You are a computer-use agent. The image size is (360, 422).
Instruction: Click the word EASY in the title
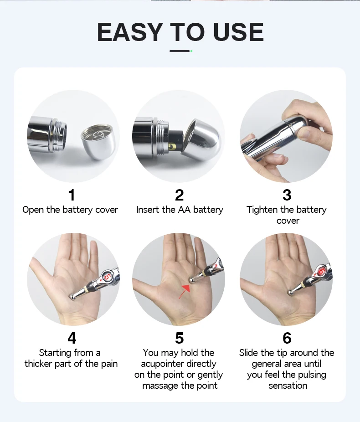[x=129, y=32]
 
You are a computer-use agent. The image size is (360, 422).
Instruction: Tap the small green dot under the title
[x=191, y=51]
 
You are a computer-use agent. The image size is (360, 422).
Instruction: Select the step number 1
[x=72, y=195]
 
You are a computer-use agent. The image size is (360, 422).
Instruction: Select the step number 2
[x=180, y=195]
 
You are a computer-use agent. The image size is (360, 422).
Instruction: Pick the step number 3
[x=287, y=195]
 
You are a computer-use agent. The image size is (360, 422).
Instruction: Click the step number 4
[x=72, y=338]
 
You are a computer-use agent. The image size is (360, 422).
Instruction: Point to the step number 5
[x=180, y=338]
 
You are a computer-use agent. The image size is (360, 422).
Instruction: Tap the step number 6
[x=287, y=338]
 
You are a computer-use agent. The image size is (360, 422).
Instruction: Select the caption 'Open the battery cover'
[x=70, y=210]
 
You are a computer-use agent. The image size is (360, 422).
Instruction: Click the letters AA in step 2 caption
[x=184, y=210]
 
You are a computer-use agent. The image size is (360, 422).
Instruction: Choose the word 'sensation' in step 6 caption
[x=288, y=386]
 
